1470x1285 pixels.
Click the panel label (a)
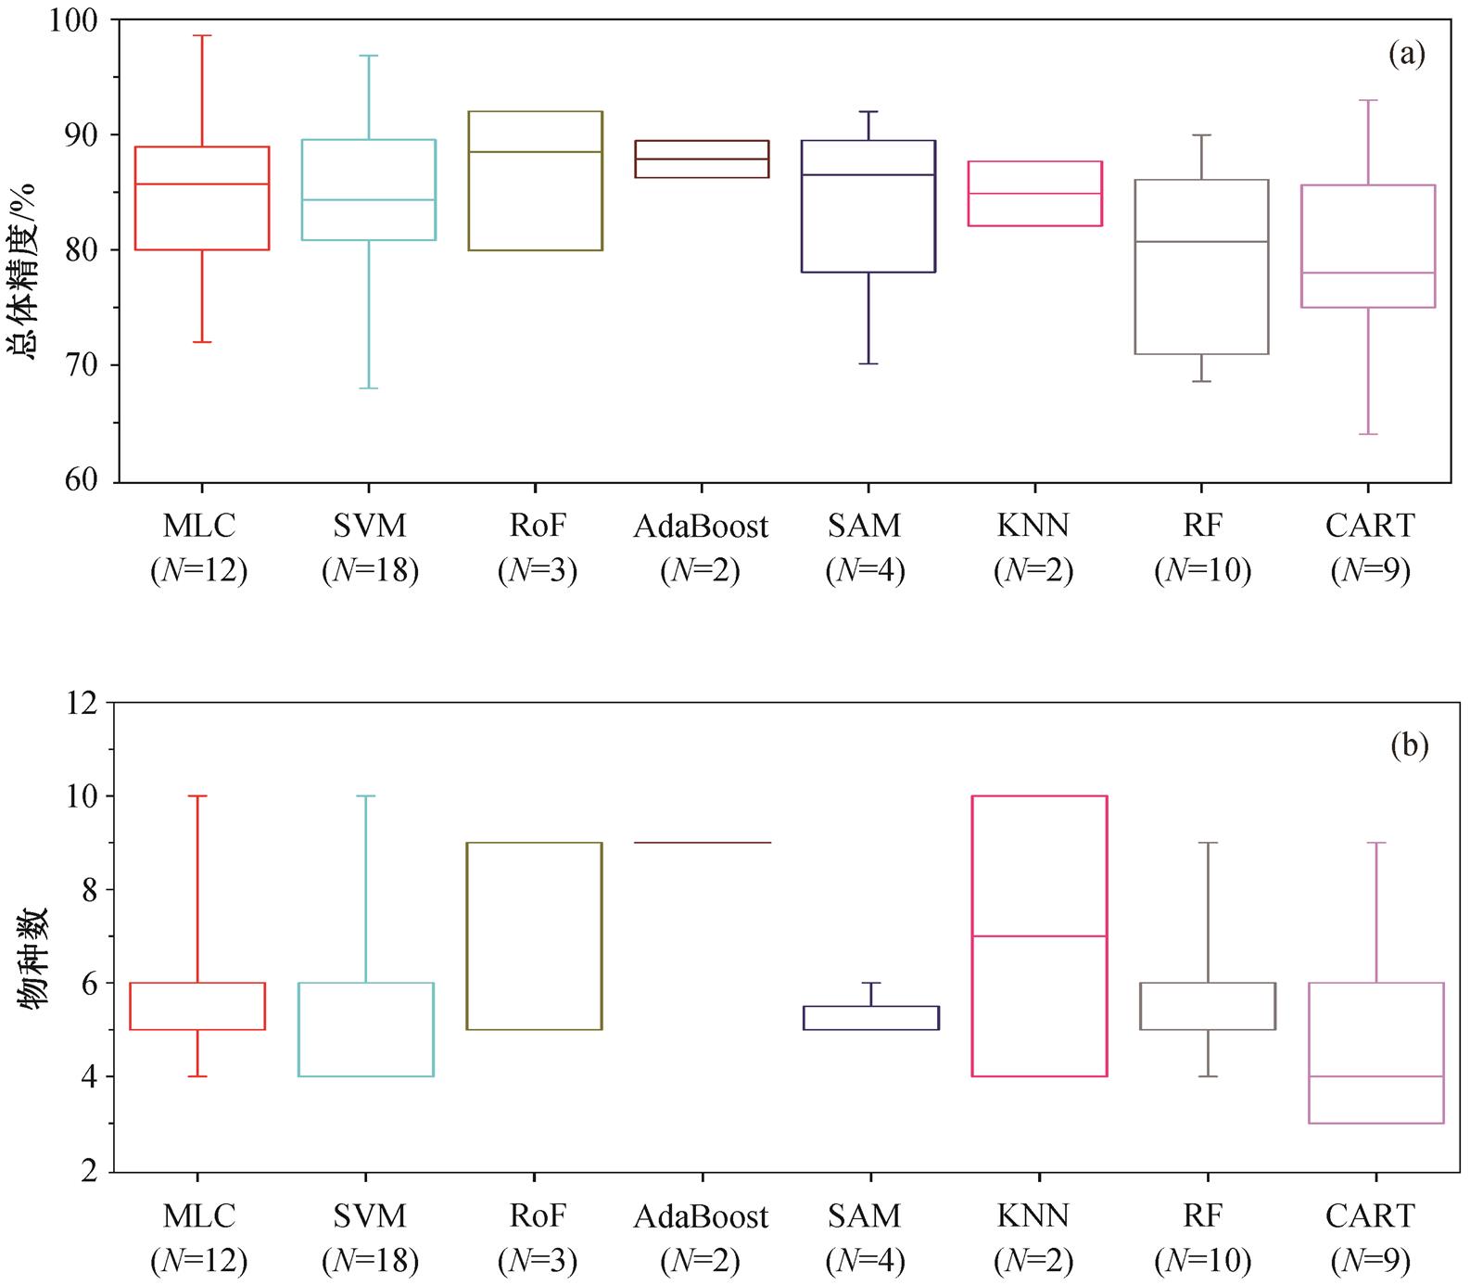(1406, 55)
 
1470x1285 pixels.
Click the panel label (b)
(1409, 745)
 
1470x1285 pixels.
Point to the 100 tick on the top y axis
(72, 19)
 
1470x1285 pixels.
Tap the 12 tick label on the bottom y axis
(82, 704)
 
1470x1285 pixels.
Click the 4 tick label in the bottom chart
(89, 1077)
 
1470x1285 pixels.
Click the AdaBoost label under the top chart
(701, 527)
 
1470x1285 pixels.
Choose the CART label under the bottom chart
(1370, 1216)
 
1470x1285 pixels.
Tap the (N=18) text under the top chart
(370, 570)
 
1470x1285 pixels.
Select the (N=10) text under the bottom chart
(1202, 1261)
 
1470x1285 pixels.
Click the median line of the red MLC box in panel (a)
(201, 184)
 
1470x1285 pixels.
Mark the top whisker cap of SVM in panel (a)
(369, 56)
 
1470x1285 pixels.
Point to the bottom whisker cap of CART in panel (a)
(1368, 434)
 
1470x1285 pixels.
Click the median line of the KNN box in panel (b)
(1039, 936)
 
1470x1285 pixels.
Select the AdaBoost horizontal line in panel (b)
(703, 843)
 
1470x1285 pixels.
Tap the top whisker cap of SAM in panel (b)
(871, 983)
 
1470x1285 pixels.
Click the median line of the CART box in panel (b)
(1375, 1076)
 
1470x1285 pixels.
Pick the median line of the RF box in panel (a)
(1201, 242)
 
